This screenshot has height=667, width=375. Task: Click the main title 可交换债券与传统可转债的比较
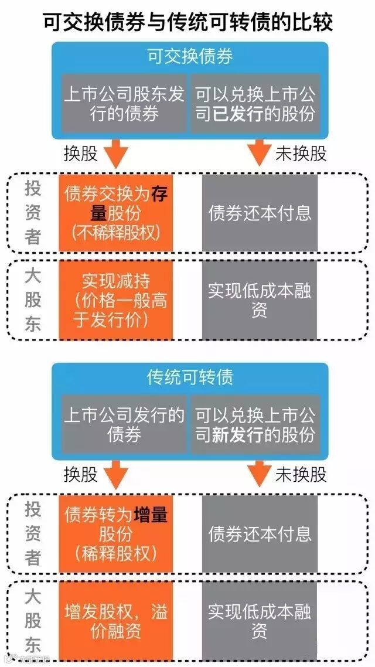click(188, 22)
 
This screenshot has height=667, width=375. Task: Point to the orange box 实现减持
click(116, 300)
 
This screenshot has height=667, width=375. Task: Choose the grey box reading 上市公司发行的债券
click(124, 425)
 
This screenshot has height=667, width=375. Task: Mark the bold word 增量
click(151, 515)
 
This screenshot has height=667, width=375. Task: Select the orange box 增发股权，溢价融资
click(116, 622)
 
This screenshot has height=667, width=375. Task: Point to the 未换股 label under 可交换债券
click(301, 154)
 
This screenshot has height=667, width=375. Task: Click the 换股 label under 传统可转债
click(81, 474)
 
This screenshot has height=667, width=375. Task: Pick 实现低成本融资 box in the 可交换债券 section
click(260, 300)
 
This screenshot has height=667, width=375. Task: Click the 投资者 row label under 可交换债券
click(33, 212)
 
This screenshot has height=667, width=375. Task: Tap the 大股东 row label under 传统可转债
click(33, 621)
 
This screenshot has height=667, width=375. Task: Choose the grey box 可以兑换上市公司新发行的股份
click(255, 425)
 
